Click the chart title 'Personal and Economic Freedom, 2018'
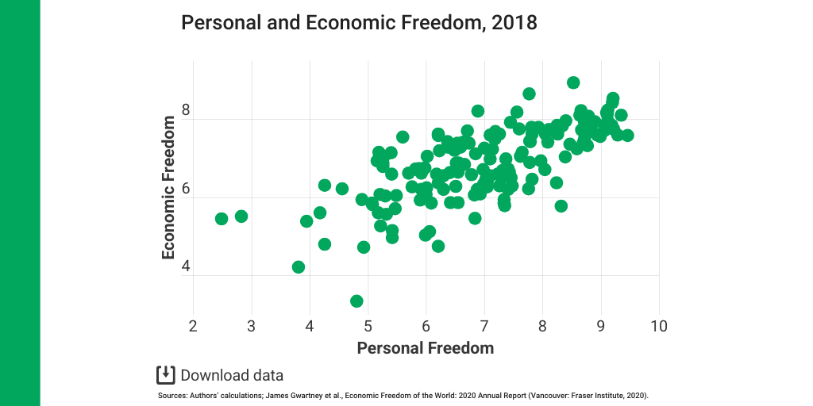tap(359, 22)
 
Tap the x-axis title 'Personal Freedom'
tap(425, 348)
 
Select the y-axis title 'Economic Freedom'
tap(168, 188)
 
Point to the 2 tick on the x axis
tap(193, 326)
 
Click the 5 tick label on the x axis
tap(368, 326)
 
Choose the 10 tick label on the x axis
tap(658, 326)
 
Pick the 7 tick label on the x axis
tap(484, 326)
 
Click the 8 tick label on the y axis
tap(186, 110)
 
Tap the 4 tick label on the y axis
tap(186, 266)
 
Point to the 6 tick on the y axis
tap(186, 189)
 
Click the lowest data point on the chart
tap(356, 301)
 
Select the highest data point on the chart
tap(573, 82)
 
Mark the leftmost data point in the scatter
tap(222, 219)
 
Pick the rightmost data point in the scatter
tap(627, 136)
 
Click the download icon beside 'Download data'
tap(165, 375)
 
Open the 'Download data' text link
tap(232, 376)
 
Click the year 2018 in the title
tap(514, 22)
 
